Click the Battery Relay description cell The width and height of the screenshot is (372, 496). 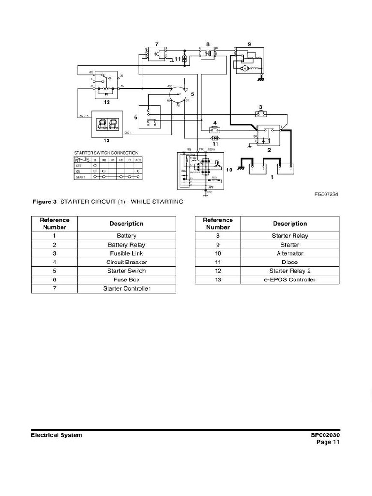coord(126,245)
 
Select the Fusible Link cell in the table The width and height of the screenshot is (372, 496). coord(126,253)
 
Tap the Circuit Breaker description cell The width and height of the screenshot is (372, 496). coord(126,262)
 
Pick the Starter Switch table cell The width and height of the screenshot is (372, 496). coord(126,271)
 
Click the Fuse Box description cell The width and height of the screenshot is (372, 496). coord(126,279)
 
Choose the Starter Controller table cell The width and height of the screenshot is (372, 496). coord(126,289)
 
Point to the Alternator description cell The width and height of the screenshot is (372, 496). coord(290,253)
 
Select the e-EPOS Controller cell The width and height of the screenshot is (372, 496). coord(290,279)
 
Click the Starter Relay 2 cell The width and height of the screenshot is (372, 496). coord(290,271)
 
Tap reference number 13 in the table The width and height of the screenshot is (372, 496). coord(217,279)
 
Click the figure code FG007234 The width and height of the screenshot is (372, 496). coord(326,194)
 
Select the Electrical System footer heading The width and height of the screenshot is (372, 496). coord(57,435)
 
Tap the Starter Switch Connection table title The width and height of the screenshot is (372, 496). coord(106,153)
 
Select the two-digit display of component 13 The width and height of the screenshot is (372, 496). coord(106,124)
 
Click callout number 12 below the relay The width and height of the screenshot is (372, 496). coord(107,102)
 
